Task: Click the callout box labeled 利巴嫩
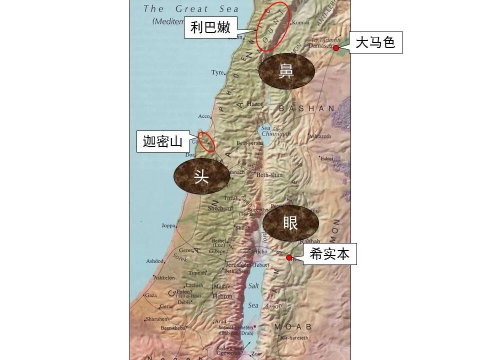[210, 27]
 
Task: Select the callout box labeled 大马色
[375, 43]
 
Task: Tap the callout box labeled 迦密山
[162, 141]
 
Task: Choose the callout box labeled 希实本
[329, 254]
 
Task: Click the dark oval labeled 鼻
[286, 72]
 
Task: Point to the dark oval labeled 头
[201, 176]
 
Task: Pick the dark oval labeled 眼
[290, 223]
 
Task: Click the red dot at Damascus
[336, 48]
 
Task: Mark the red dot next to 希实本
[288, 257]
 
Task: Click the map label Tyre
[217, 72]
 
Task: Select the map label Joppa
[168, 225]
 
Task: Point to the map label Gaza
[150, 295]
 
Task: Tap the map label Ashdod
[154, 261]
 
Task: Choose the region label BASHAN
[306, 108]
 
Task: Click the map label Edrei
[327, 158]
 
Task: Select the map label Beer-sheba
[173, 328]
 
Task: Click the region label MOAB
[292, 326]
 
